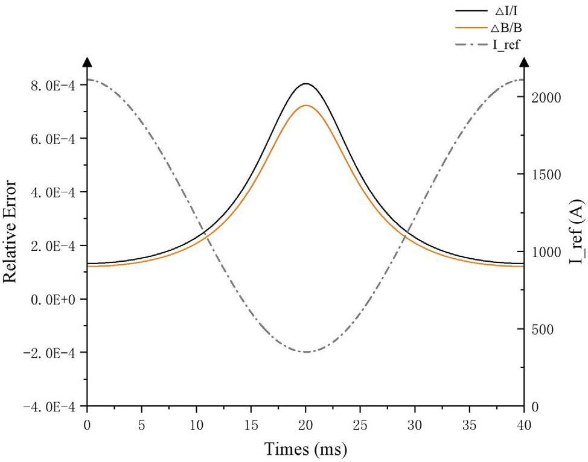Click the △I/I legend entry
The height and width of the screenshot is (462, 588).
pyautogui.click(x=507, y=11)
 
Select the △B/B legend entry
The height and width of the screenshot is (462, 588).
pyautogui.click(x=507, y=27)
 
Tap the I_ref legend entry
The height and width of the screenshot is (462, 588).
pyautogui.click(x=507, y=44)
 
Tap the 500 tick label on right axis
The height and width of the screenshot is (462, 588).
pyautogui.click(x=544, y=330)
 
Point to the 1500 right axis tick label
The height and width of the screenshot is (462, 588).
pyautogui.click(x=548, y=175)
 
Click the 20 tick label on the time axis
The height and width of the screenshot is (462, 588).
pyautogui.click(x=306, y=425)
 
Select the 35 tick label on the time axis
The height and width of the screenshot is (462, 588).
pyautogui.click(x=470, y=425)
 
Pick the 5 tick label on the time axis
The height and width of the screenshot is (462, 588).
pyautogui.click(x=142, y=425)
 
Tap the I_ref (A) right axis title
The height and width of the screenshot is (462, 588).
pyautogui.click(x=577, y=240)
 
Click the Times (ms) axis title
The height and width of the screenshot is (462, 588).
pyautogui.click(x=305, y=449)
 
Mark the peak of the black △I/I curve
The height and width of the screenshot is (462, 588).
pyautogui.click(x=306, y=84)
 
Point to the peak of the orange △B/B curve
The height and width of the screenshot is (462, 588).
pyautogui.click(x=306, y=106)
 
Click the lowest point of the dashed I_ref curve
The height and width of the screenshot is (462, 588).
pyautogui.click(x=306, y=352)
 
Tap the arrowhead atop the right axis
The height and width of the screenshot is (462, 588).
pyautogui.click(x=524, y=62)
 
